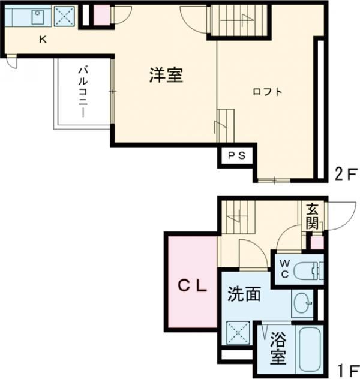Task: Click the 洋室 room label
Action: point(166,76)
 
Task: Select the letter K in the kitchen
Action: point(43,40)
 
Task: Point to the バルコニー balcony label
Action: point(82,92)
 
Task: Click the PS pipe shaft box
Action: point(236,155)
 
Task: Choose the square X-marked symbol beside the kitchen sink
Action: point(64,16)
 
